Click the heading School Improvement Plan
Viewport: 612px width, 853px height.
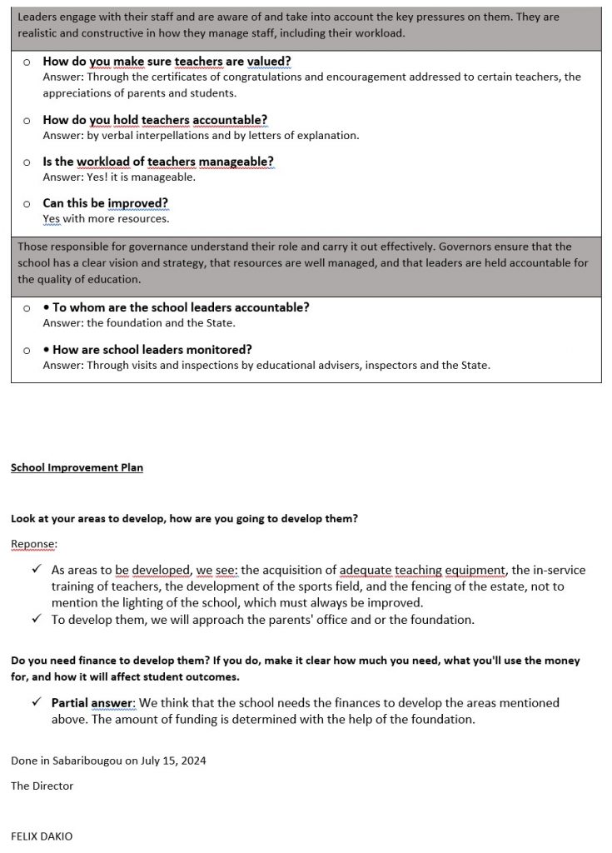tap(77, 467)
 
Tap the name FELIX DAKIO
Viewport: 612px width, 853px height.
tap(41, 836)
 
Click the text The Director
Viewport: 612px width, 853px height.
tap(42, 786)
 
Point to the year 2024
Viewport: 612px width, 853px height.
tap(193, 761)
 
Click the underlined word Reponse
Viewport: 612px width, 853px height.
tap(34, 543)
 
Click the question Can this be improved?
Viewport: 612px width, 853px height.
tap(105, 202)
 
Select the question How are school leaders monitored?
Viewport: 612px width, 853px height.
tap(152, 349)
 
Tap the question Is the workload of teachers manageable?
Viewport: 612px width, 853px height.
tap(158, 161)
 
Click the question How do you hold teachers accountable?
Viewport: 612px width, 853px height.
tap(155, 119)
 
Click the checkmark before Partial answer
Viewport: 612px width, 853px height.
tap(36, 703)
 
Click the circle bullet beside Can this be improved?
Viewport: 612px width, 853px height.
tap(27, 203)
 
